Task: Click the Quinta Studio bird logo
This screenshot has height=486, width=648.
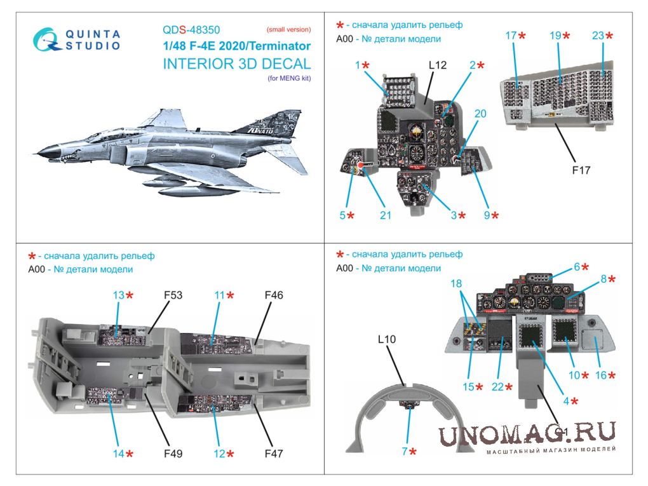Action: (46, 39)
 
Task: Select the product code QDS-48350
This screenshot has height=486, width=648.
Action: (191, 30)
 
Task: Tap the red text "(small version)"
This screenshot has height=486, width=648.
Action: (288, 29)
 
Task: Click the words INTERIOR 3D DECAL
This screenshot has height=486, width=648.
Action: (237, 64)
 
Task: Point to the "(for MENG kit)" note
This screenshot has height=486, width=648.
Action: (289, 78)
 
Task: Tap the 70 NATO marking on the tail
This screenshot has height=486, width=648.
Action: (260, 130)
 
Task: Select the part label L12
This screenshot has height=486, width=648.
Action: (438, 65)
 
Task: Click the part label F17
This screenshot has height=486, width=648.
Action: (581, 170)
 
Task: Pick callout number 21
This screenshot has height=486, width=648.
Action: (386, 215)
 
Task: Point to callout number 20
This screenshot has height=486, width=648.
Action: (480, 113)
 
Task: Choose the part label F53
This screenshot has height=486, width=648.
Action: (173, 295)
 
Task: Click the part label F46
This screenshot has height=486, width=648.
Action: (274, 295)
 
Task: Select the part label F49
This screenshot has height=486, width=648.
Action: (173, 454)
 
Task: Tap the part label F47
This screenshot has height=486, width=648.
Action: (274, 454)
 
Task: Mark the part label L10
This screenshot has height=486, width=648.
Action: (387, 339)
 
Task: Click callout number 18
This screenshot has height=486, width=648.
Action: (456, 283)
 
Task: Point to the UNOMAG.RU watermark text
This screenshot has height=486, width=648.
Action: (527, 434)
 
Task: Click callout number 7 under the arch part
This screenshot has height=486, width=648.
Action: (405, 451)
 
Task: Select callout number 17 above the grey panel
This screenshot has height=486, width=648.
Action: (511, 36)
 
